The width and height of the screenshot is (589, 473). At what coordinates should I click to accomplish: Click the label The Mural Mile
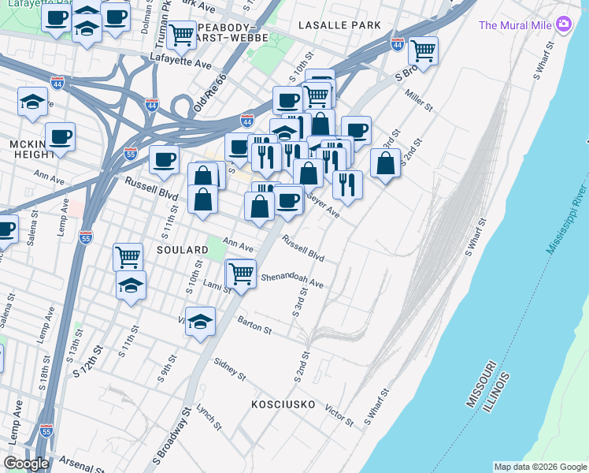(x=515, y=25)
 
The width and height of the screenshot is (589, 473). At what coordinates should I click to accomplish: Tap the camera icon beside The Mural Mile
(x=564, y=24)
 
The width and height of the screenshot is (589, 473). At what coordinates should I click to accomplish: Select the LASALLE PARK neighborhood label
(x=339, y=25)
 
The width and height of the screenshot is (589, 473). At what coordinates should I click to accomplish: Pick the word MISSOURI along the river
(x=480, y=384)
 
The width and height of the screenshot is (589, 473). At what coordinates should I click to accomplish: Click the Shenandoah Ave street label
(x=292, y=281)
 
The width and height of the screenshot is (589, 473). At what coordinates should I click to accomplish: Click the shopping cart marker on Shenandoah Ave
(x=241, y=274)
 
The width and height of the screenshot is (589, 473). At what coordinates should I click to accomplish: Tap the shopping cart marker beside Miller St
(x=424, y=51)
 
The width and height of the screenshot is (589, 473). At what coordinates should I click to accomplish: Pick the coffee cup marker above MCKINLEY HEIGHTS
(x=60, y=136)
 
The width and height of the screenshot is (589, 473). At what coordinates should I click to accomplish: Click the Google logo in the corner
(x=27, y=464)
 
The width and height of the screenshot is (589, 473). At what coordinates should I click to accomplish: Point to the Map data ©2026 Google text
(x=539, y=467)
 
